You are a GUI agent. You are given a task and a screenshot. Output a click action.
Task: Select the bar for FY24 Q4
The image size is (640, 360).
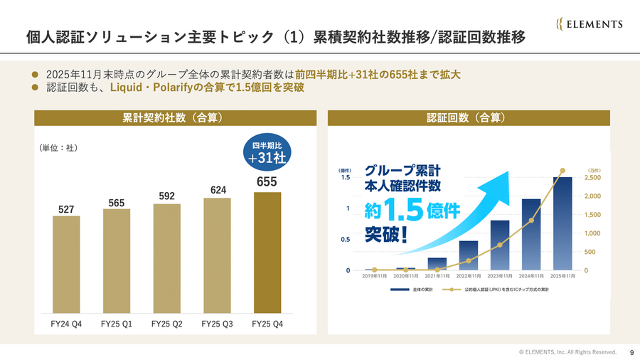(66, 263)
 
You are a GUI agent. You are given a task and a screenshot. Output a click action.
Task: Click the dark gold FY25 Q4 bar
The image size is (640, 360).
(267, 252)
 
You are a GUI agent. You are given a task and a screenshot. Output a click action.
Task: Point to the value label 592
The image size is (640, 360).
(167, 196)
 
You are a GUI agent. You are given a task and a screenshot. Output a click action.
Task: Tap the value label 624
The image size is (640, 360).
(217, 189)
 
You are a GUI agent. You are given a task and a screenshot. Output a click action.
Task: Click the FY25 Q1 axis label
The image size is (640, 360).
(117, 324)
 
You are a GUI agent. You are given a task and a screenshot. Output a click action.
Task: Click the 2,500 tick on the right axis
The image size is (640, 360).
(592, 178)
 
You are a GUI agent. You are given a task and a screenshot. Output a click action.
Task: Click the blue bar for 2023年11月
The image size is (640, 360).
(500, 245)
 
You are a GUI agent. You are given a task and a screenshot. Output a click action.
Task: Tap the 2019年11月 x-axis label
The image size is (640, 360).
(375, 277)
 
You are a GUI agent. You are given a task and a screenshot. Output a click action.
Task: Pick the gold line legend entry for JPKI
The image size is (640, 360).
(498, 290)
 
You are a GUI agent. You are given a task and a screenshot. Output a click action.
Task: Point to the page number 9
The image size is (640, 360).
(631, 351)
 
